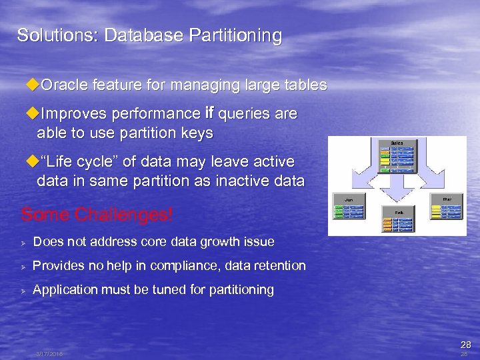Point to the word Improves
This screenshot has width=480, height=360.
coord(75,114)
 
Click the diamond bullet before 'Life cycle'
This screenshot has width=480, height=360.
coord(31,162)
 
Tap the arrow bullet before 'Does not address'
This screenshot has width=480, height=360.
coord(23,242)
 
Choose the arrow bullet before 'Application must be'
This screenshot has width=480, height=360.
coord(23,290)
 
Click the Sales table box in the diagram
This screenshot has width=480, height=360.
coord(397,155)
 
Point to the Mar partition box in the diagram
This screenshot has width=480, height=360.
coord(447,207)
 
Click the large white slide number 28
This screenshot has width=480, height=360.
coord(465,345)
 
